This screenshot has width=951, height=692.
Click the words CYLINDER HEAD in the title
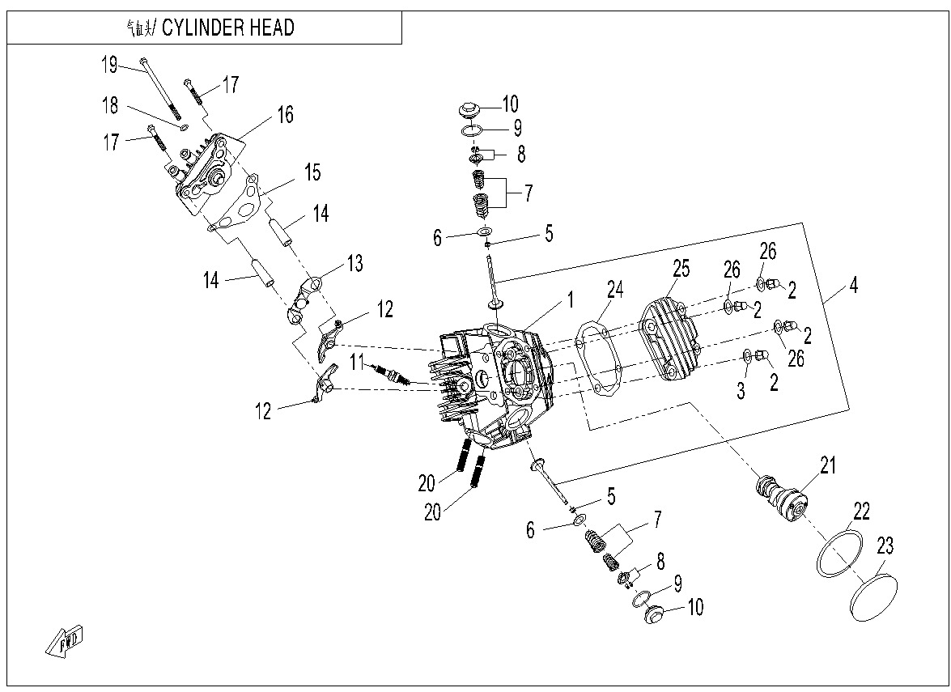228,28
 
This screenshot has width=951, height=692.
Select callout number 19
109,65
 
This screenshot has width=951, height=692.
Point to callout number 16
285,114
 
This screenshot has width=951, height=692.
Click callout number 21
827,465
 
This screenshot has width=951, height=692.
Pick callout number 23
885,546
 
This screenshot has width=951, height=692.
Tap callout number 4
853,285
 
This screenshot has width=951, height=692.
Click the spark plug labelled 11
391,375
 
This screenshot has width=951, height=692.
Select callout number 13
355,263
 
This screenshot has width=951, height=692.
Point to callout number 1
571,300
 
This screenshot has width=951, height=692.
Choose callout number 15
312,172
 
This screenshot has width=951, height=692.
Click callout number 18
109,105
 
